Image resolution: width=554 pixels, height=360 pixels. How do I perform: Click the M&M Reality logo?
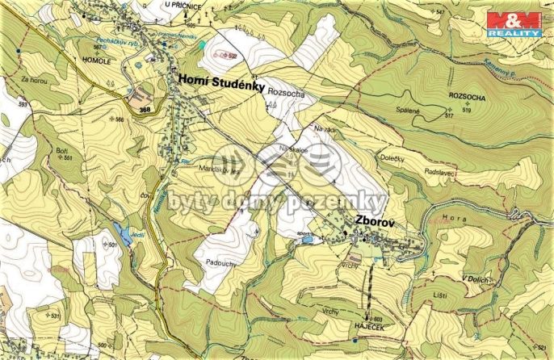point(514,23)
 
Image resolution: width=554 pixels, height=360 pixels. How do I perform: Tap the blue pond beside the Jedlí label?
point(124,234)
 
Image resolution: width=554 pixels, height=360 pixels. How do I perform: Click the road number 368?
point(145,110)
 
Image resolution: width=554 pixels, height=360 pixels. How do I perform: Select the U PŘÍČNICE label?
point(183,5)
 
